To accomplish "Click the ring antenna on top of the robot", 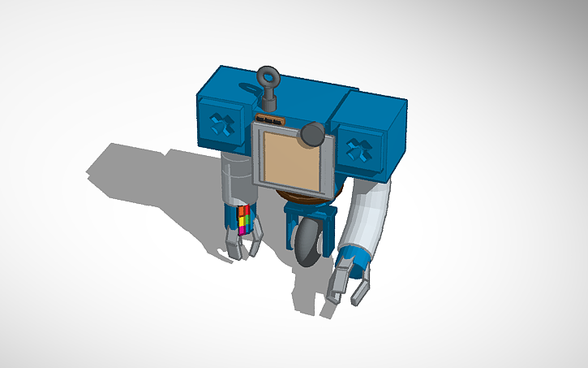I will tap(268, 78).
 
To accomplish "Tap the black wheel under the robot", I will tap(309, 245).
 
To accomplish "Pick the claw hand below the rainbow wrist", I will tap(243, 245).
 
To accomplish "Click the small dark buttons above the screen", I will tap(268, 119).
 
